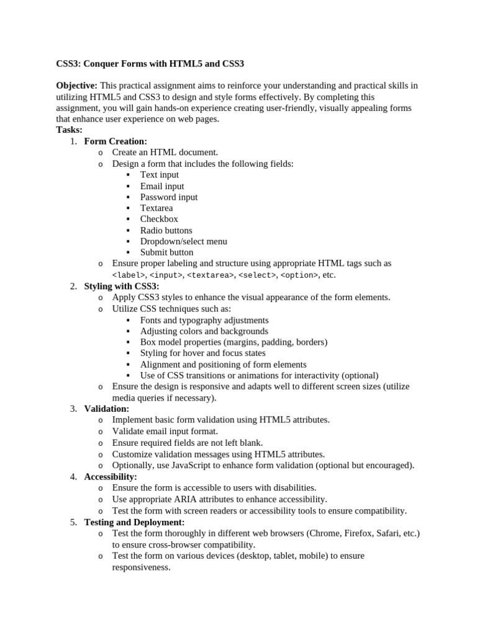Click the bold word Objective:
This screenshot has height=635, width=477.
click(x=76, y=85)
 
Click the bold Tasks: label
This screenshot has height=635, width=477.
click(x=69, y=130)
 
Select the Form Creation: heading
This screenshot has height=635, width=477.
click(x=116, y=141)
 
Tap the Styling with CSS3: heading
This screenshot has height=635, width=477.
click(x=122, y=286)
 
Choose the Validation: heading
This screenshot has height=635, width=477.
click(x=107, y=409)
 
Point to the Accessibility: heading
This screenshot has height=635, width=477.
click(x=111, y=477)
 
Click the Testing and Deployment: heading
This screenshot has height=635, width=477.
click(x=134, y=522)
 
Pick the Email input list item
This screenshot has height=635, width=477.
click(x=162, y=186)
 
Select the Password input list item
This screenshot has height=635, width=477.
click(x=169, y=197)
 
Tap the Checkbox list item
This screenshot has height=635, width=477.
click(x=159, y=219)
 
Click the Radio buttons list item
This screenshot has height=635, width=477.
click(x=166, y=230)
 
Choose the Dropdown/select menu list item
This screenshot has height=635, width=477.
click(x=184, y=241)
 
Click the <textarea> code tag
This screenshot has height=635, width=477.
click(x=211, y=275)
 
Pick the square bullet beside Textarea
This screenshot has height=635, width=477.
click(x=128, y=208)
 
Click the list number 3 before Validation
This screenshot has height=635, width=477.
click(x=73, y=409)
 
